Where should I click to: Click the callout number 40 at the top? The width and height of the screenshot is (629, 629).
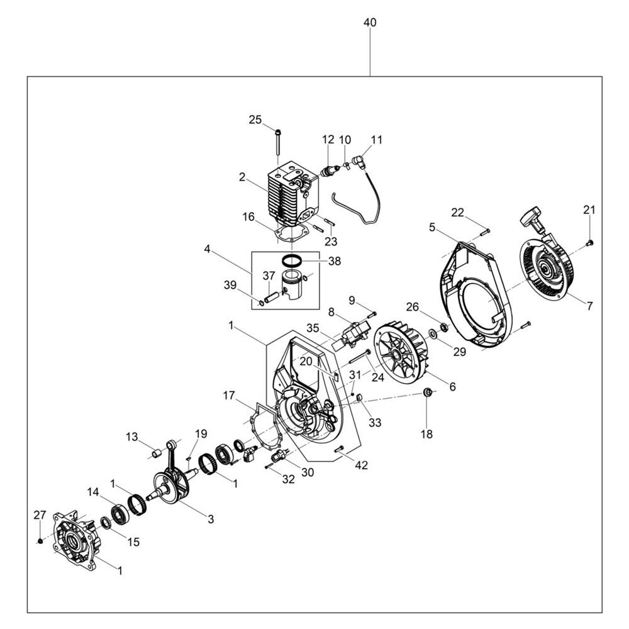click(x=370, y=23)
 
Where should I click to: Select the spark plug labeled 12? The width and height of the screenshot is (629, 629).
click(x=330, y=170)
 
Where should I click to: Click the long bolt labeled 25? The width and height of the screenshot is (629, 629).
click(x=278, y=142)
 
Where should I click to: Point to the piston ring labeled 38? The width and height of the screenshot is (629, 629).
click(x=292, y=261)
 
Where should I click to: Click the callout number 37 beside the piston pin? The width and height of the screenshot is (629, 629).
click(x=269, y=276)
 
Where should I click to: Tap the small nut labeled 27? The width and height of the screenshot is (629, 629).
click(x=40, y=541)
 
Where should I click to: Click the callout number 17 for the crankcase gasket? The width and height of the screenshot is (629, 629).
click(x=229, y=396)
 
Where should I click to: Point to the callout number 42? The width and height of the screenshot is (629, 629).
click(x=362, y=465)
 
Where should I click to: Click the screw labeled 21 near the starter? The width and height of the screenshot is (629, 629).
click(x=589, y=242)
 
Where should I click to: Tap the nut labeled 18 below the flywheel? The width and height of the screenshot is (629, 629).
click(x=428, y=392)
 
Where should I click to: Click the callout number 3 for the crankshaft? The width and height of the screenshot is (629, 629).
click(x=211, y=519)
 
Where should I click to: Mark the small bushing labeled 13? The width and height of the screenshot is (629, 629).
click(x=155, y=453)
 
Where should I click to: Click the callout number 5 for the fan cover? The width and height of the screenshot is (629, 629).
click(x=431, y=227)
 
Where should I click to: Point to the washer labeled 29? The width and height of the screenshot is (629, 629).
click(x=433, y=333)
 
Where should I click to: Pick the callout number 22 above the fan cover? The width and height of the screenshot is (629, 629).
click(x=458, y=213)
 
